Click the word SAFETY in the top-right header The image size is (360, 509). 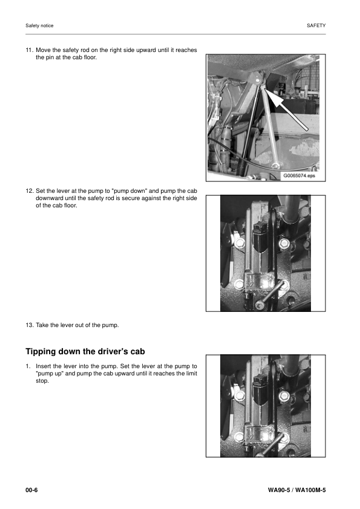coord(316,26)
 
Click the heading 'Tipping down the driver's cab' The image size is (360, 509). coord(85,352)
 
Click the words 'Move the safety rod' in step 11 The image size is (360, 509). coord(64,50)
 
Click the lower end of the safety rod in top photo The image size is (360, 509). coord(275,164)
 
